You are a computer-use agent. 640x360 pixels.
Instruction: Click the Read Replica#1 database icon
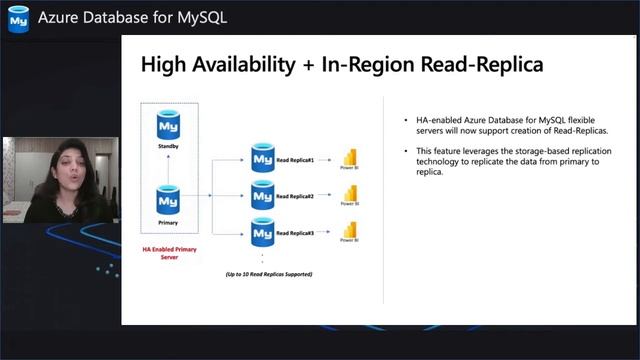[262, 159]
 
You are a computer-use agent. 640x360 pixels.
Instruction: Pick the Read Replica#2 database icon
[262, 196]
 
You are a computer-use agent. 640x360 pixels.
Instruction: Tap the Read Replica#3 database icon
[262, 233]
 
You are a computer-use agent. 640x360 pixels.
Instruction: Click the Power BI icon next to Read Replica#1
[350, 157]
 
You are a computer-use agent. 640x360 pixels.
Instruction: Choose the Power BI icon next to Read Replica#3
[350, 230]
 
